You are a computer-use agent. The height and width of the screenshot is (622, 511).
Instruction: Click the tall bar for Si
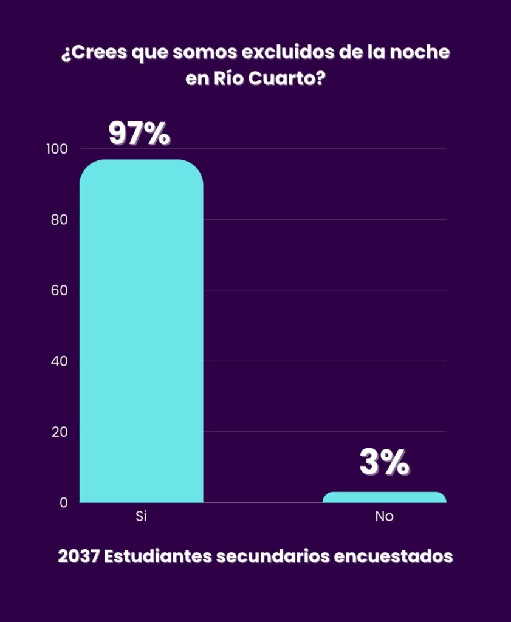(x=141, y=331)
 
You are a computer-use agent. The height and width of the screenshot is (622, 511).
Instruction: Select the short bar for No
(x=384, y=497)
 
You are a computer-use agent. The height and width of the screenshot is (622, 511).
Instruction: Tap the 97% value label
(x=139, y=134)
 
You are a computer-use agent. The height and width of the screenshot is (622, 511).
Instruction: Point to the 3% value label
(x=384, y=463)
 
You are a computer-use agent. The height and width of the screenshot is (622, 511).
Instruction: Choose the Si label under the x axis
(x=141, y=517)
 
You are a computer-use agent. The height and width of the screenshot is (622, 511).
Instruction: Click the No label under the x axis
(x=384, y=517)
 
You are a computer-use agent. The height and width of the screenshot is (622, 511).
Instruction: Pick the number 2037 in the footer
(x=78, y=556)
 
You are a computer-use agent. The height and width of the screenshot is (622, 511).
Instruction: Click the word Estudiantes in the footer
(x=157, y=556)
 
